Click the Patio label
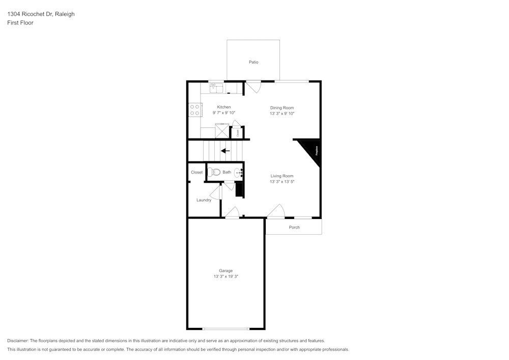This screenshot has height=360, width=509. click(253, 62)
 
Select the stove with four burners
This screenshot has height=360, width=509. click(194, 110)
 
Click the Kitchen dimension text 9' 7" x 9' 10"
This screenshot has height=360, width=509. click(224, 113)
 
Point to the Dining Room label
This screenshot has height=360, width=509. click(282, 107)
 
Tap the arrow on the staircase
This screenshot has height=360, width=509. click(225, 151)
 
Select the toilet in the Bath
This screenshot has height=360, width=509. click(213, 172)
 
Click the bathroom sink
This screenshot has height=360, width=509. click(239, 173)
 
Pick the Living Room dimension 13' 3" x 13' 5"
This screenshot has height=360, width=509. click(282, 182)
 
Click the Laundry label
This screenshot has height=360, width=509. click(204, 200)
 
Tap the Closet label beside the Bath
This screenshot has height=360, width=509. click(196, 172)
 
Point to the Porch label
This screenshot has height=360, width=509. click(294, 227)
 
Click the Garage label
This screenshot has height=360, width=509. click(226, 270)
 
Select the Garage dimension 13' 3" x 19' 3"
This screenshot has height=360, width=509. click(226, 276)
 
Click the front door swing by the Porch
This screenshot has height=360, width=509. click(275, 211)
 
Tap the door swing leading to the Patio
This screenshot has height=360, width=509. click(253, 87)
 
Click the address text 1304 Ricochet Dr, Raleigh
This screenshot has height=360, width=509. click(41, 14)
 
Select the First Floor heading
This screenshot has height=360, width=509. click(20, 23)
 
